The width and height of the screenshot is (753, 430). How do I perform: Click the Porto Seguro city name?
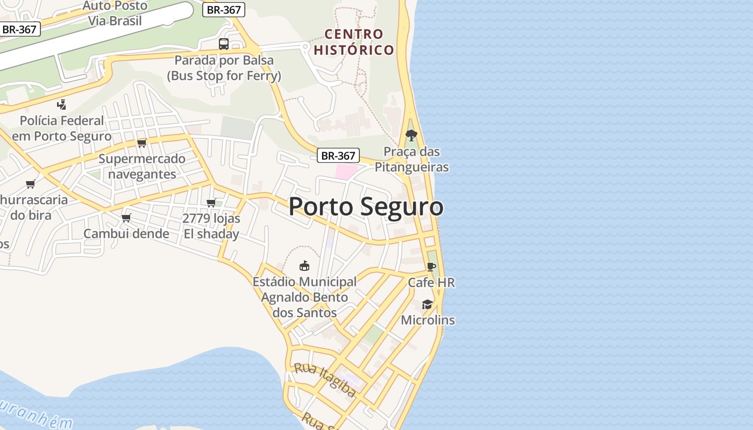point(366,207)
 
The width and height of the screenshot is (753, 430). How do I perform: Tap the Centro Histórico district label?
point(354,42)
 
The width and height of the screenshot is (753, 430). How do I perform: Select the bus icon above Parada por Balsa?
point(224,44)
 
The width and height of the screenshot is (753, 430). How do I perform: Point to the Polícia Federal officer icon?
point(62,104)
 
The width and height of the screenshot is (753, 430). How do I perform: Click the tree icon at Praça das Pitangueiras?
point(411,135)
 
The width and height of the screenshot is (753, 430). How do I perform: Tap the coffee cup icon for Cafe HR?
point(431,266)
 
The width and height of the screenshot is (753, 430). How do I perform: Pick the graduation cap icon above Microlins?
point(427,304)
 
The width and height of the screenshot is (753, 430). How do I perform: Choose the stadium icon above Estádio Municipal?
point(304,266)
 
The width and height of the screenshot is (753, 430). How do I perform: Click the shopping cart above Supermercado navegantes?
point(142,143)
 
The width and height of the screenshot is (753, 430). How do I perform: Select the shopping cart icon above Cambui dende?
point(126,218)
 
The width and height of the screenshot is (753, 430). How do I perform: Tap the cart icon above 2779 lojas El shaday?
point(211,203)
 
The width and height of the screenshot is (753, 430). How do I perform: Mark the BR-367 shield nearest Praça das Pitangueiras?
point(338,156)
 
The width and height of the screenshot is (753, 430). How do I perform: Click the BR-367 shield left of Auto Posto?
point(19,29)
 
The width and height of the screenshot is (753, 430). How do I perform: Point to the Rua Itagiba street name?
point(325,379)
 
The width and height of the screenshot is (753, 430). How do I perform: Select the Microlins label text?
point(428,320)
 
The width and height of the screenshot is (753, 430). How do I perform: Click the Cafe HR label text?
point(431,282)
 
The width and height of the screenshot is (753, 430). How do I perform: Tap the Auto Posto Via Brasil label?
point(115,13)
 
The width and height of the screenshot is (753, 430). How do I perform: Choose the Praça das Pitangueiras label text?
point(411,159)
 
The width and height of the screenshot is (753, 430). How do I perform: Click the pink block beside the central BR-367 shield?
point(346,172)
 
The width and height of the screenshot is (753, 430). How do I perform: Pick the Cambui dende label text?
point(126,233)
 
